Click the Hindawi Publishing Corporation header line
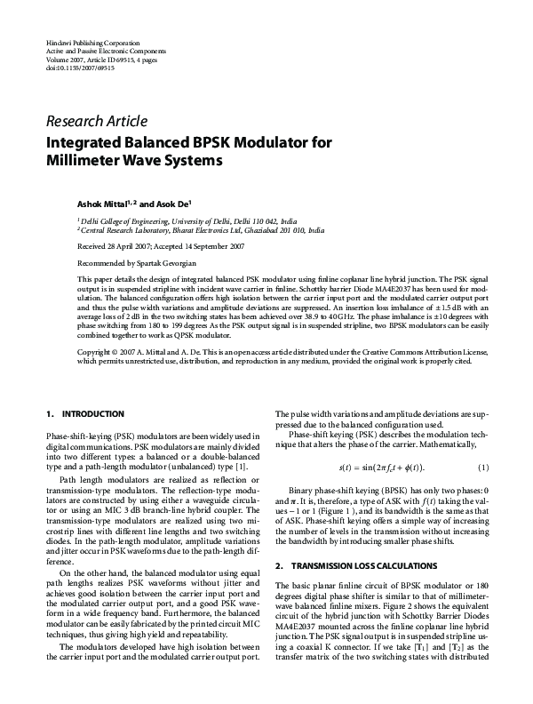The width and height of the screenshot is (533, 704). click(x=91, y=43)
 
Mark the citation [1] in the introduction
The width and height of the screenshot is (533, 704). click(x=241, y=466)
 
